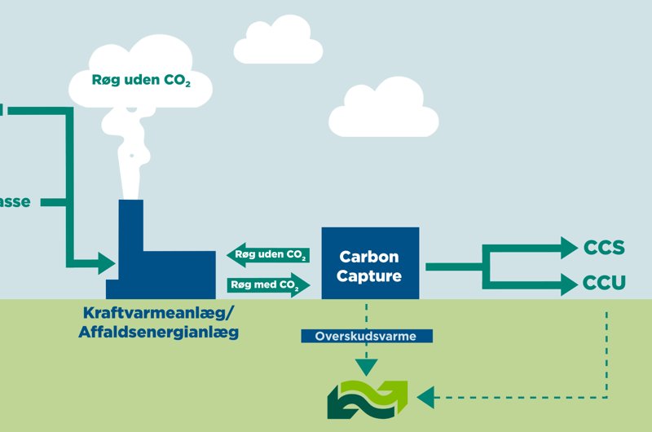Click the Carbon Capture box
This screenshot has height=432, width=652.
370,264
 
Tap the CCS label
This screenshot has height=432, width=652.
604,247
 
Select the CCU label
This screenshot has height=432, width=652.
604,283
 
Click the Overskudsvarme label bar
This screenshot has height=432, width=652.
367,335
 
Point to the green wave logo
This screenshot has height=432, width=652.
367,398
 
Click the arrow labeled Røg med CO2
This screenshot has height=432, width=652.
270,285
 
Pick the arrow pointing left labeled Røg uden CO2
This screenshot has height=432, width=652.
268,255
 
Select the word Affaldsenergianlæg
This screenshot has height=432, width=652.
158,332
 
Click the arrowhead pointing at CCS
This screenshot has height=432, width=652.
568,246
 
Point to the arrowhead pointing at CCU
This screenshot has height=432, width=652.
568,283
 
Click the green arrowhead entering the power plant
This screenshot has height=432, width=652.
106,262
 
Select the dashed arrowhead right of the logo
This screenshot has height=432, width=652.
424,398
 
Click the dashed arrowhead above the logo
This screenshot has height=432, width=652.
367,368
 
